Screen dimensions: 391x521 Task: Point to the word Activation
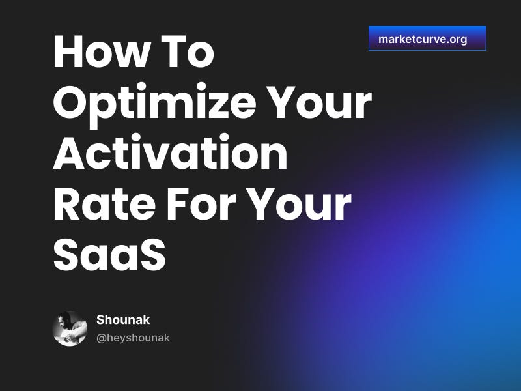click(x=170, y=154)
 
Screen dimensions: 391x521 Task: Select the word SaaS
click(x=109, y=255)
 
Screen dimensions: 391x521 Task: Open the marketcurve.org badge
click(x=427, y=39)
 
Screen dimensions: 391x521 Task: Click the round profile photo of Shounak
click(x=70, y=328)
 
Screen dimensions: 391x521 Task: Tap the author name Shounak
click(x=123, y=320)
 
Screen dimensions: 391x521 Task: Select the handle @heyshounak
click(x=133, y=338)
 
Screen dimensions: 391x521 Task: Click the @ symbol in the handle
click(x=101, y=338)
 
